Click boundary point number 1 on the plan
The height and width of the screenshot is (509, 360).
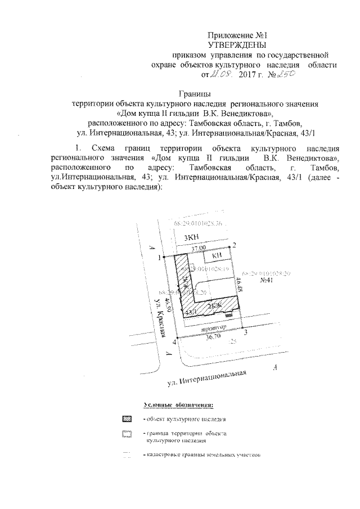point(160,257)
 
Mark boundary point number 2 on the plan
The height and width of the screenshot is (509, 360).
point(235,244)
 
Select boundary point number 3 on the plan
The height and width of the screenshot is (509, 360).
point(245,333)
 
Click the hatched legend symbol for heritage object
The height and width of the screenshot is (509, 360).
point(127,419)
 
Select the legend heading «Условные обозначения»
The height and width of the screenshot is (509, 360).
point(178,404)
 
